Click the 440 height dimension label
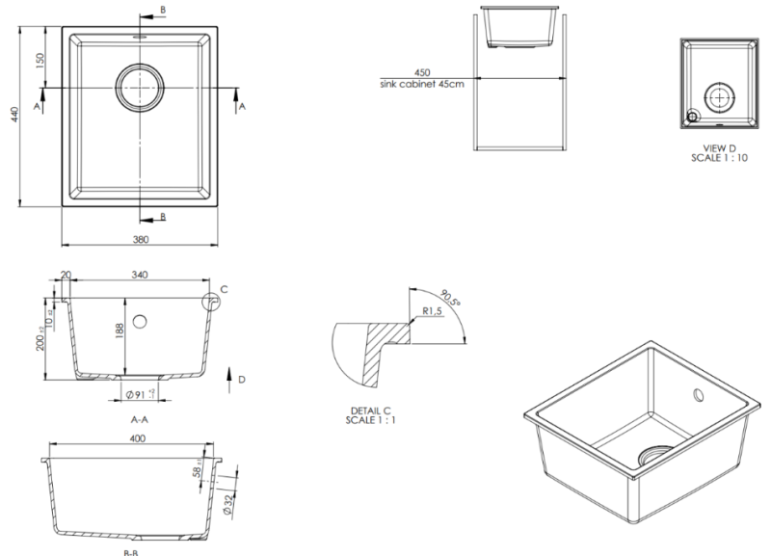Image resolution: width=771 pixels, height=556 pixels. tap(13, 115)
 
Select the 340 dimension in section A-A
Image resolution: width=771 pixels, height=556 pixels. tap(140, 276)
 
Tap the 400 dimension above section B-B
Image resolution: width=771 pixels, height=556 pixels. tap(137, 439)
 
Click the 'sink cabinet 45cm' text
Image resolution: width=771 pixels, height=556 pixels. tap(422, 83)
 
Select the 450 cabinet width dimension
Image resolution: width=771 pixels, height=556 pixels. tap(421, 72)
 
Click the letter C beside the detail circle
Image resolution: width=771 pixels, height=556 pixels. tap(224, 288)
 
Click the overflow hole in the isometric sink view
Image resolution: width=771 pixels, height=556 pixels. tap(696, 395)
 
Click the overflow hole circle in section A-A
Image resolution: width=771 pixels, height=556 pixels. tap(141, 320)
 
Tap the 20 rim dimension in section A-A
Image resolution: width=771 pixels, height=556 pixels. tap(66, 276)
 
